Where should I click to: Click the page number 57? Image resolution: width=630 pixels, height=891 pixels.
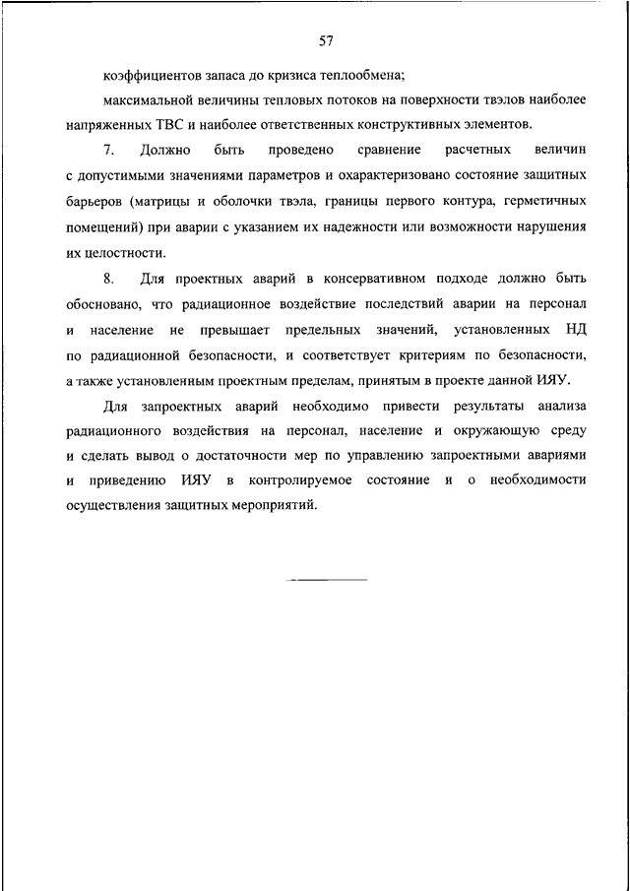pyautogui.click(x=326, y=41)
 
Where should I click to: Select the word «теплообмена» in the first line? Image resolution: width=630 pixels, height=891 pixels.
pyautogui.click(x=369, y=76)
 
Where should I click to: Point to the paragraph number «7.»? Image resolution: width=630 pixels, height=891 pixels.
pyautogui.click(x=108, y=151)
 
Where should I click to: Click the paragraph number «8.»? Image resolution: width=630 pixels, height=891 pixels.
pyautogui.click(x=108, y=279)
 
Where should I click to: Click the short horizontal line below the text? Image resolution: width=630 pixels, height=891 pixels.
pyautogui.click(x=326, y=579)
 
